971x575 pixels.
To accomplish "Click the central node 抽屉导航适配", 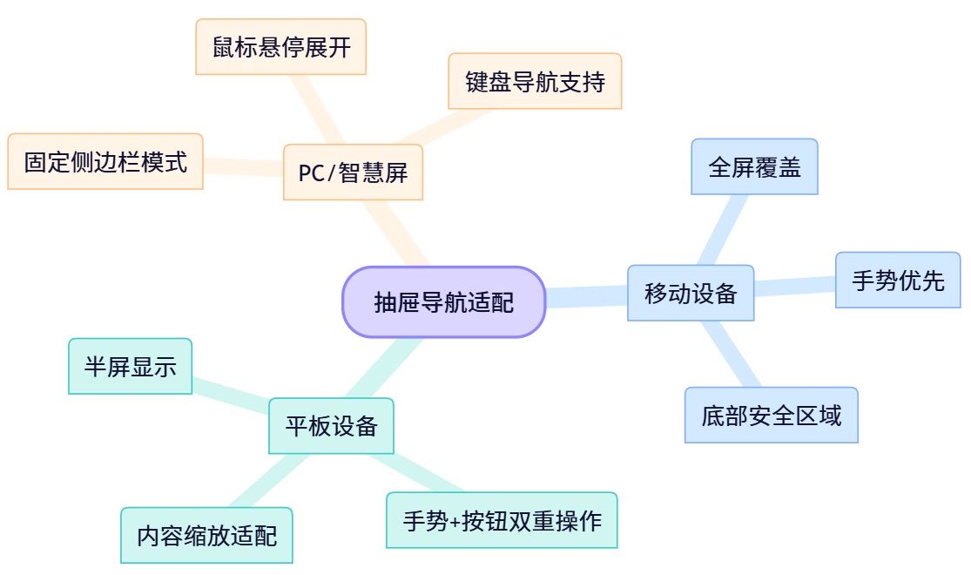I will click(444, 301).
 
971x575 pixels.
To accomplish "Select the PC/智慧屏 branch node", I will click(353, 172).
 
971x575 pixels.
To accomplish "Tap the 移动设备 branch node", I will click(691, 294).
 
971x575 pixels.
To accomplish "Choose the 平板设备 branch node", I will click(331, 426).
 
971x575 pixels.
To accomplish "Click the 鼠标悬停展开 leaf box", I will click(280, 47).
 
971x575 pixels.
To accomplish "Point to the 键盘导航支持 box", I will click(535, 81).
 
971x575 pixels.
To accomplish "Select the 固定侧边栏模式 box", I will click(105, 161).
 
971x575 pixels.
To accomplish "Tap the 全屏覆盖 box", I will click(754, 166).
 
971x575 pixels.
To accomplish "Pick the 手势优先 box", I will click(897, 281).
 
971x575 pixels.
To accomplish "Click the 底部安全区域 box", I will click(771, 416).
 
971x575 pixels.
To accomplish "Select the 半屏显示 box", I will click(130, 366).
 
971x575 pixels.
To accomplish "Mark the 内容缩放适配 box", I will click(206, 535).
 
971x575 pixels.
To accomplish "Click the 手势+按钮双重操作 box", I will click(502, 520).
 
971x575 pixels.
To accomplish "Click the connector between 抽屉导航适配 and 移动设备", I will click(586, 297).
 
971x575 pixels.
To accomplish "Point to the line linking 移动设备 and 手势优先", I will click(794, 287).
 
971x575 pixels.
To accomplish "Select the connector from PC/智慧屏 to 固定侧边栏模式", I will click(244, 166).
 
